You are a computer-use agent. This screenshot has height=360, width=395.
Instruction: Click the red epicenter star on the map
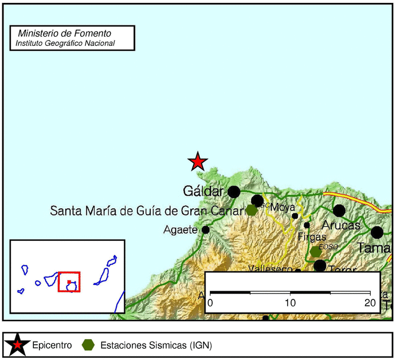click(197, 162)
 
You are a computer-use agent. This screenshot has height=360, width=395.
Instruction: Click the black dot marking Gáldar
click(234, 192)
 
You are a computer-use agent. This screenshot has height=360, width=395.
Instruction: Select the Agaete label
click(180, 230)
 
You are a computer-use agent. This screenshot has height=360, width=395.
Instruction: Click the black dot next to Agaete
click(205, 230)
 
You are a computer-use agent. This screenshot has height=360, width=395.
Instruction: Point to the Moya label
click(283, 207)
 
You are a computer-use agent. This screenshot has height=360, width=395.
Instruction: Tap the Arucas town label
click(341, 225)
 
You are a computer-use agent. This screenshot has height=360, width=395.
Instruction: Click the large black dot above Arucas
click(339, 210)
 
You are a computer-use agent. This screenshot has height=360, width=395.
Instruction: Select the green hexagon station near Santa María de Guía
click(251, 210)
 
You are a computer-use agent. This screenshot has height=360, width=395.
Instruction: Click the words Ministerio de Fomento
click(65, 34)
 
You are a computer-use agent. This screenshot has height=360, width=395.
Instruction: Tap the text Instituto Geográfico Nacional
click(65, 43)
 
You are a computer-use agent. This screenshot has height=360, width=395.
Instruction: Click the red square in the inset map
click(69, 282)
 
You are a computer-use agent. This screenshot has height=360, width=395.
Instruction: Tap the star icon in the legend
click(18, 345)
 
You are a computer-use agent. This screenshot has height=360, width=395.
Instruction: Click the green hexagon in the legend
click(88, 345)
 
